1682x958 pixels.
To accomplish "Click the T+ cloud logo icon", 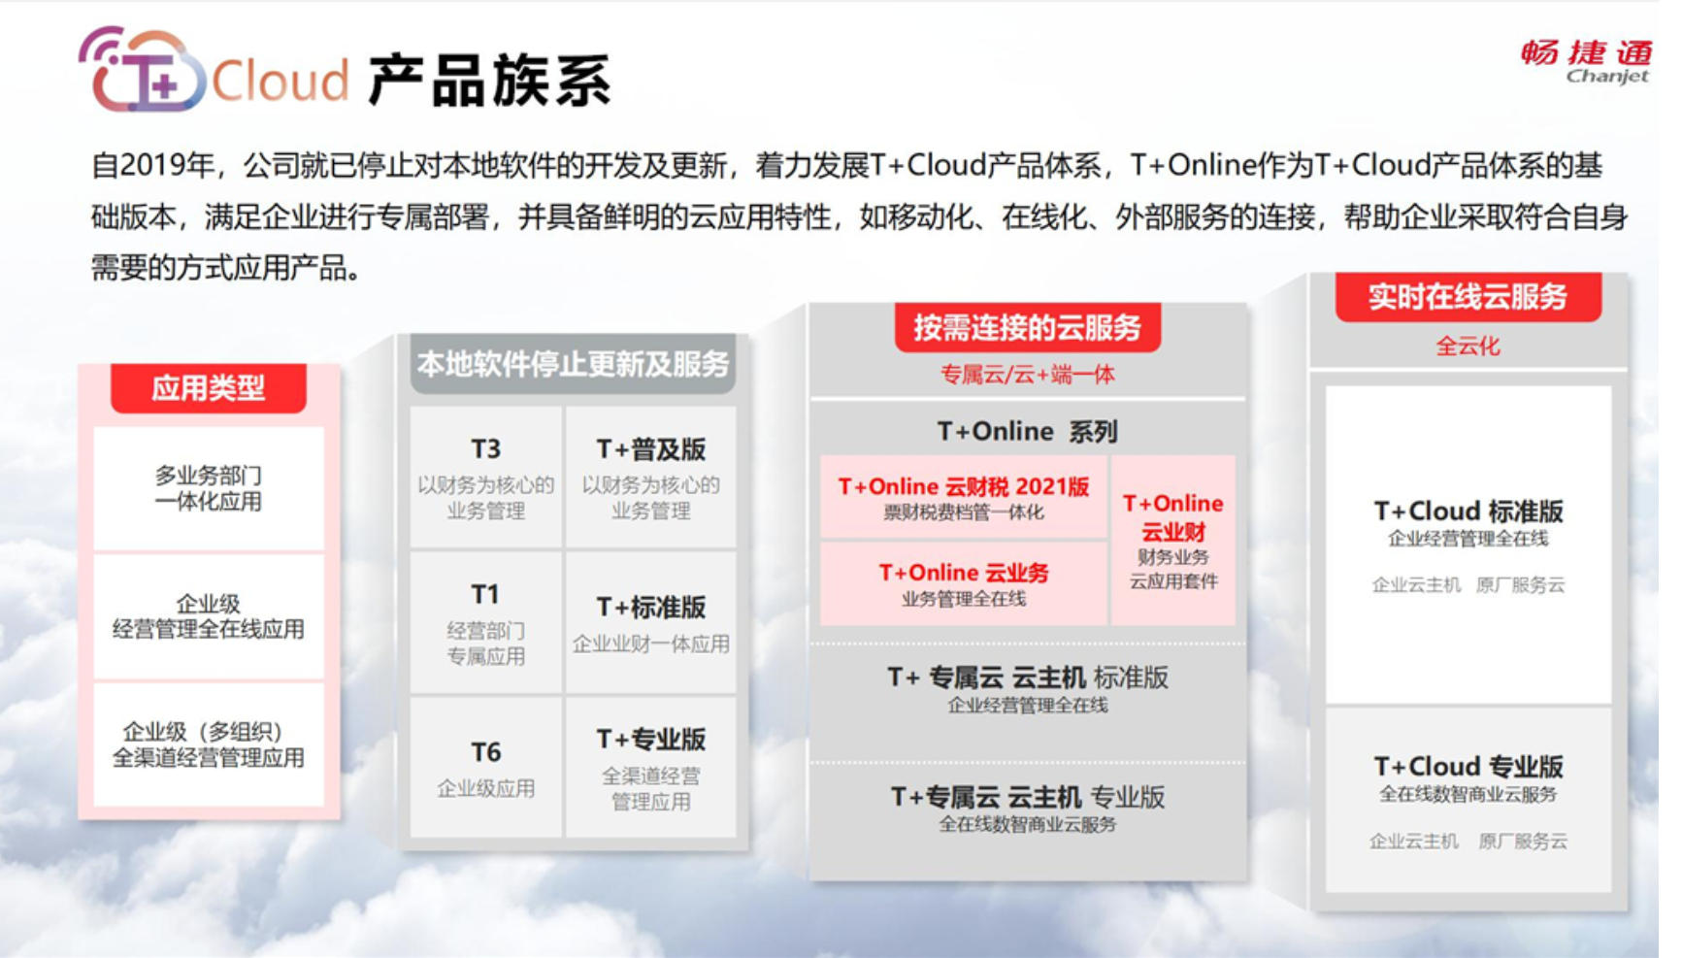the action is coord(142,70).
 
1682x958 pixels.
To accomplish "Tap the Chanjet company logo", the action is coord(1586,62).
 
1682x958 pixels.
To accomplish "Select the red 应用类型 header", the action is coord(209,388).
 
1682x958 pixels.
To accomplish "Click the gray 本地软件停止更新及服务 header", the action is coord(573,364).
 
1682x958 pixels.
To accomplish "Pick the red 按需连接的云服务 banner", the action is coord(1027,328).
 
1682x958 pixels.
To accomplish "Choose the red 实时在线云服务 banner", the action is coord(1468,297).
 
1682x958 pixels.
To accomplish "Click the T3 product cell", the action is coord(485,478).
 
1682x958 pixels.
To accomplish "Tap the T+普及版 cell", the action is coord(651,478).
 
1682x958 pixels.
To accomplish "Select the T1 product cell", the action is coord(485,623).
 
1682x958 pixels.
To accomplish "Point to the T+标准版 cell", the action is coord(651,623).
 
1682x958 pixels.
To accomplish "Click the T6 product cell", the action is coord(485,767).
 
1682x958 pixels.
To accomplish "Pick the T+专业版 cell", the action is coord(651,767).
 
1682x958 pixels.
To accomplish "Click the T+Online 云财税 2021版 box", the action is coord(964,497).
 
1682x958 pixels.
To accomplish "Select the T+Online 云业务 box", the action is coord(964,583).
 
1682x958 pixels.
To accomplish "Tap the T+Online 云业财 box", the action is coord(1172,541).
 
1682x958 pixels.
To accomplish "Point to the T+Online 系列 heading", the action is coord(1027,431).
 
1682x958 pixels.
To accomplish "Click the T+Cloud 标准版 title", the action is coord(1468,512).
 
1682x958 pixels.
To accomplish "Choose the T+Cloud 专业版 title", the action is coord(1468,767).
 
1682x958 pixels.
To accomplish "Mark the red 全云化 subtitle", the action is coord(1468,346).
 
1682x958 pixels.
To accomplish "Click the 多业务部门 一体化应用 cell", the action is coord(209,488).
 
